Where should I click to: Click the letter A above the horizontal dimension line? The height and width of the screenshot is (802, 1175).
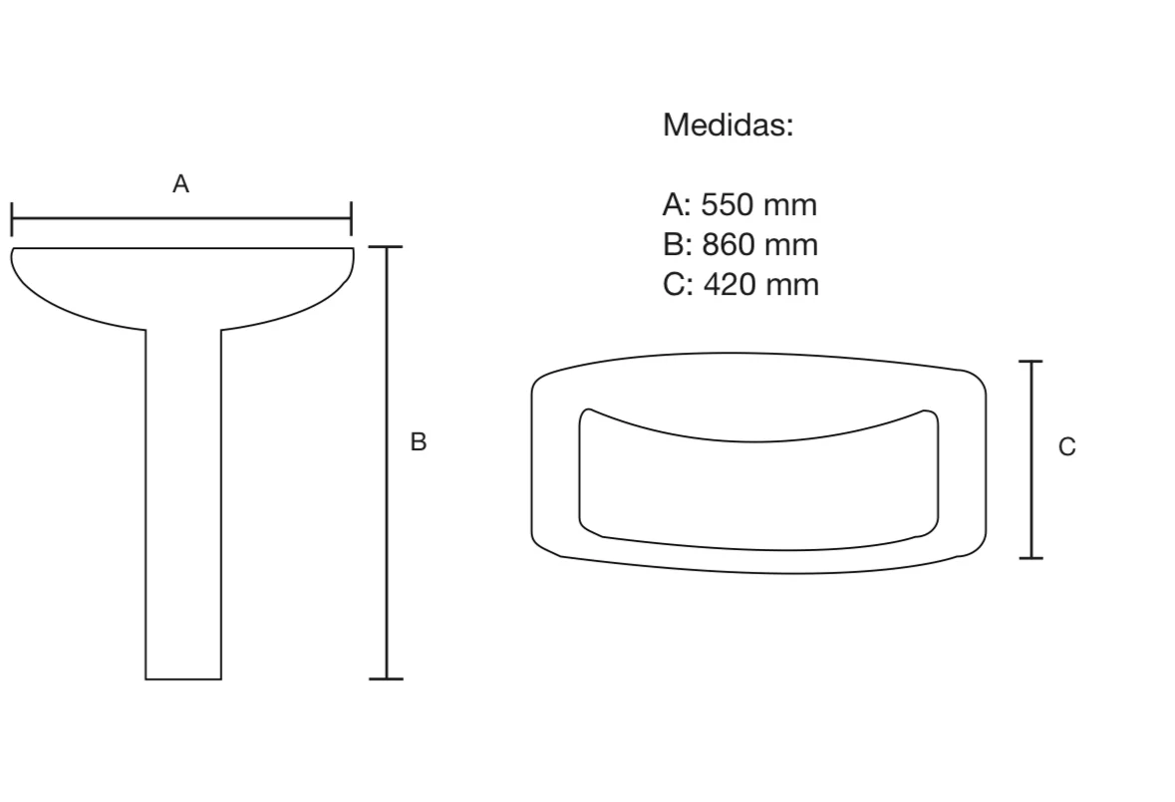[180, 183]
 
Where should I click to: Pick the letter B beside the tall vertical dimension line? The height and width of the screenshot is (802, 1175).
[419, 441]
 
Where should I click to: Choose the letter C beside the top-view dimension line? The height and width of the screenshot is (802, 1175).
[1067, 446]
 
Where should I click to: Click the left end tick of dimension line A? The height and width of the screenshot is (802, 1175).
[12, 218]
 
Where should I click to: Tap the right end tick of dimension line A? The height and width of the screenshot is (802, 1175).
[351, 218]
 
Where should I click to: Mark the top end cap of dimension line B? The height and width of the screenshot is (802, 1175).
[386, 246]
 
